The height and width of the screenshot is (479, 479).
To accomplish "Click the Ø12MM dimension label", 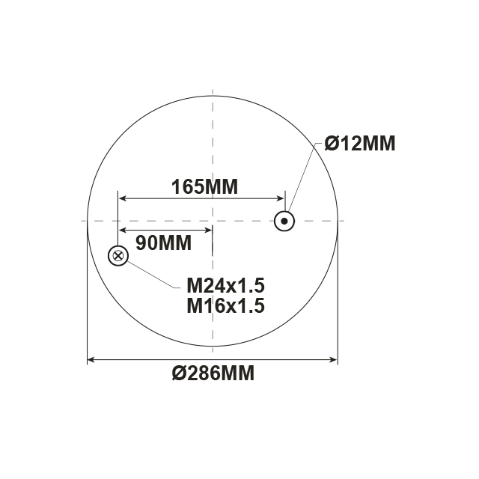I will [359, 144].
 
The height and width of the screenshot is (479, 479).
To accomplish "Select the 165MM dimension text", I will [204, 187].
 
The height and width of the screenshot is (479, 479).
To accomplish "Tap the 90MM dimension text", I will [164, 242].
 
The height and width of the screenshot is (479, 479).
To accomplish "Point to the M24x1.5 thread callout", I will [226, 286].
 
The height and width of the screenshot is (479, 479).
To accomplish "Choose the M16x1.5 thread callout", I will [226, 305].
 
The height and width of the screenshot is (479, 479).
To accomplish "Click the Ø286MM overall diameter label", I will [213, 373].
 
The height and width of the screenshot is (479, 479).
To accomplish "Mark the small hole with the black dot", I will [284, 221].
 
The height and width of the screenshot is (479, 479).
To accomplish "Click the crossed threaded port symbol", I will [118, 257].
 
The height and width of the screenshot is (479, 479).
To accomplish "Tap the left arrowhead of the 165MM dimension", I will [122, 198].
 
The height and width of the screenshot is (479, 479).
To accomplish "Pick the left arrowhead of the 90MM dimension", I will [122, 230].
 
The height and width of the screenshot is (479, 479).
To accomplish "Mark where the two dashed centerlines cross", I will [213, 221].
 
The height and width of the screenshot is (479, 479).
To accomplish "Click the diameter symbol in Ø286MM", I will [178, 373].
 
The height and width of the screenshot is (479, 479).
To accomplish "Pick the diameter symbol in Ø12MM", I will [333, 144].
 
